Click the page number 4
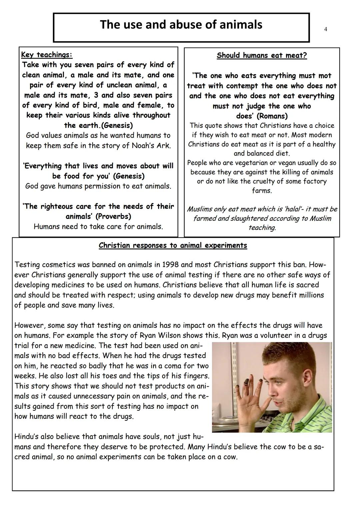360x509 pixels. (x=325, y=29)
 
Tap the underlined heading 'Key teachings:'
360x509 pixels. (x=47, y=55)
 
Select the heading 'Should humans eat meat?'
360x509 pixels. (x=262, y=55)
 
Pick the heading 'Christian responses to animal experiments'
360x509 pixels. (x=173, y=246)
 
